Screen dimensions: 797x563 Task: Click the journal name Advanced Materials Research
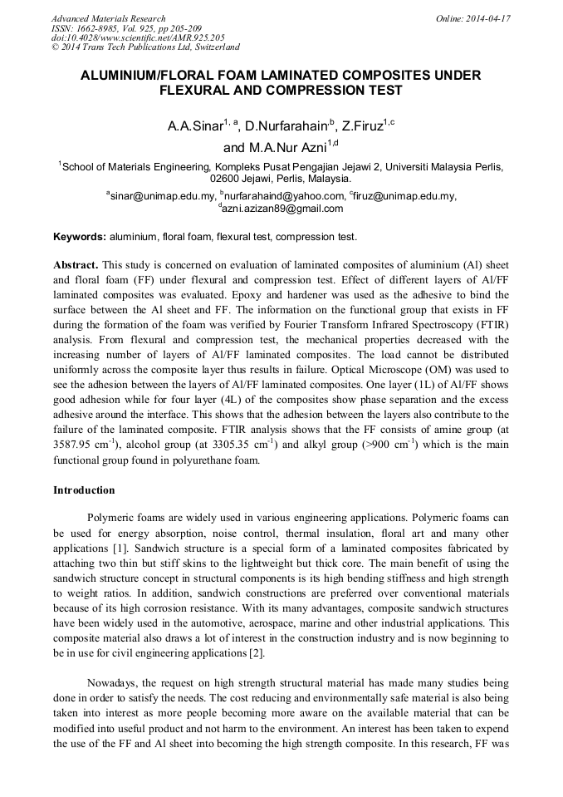pyautogui.click(x=108, y=18)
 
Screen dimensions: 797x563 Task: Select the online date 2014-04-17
pyautogui.click(x=488, y=18)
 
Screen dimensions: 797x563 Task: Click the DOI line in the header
pyautogui.click(x=138, y=37)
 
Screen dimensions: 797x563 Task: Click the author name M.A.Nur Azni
pyautogui.click(x=287, y=149)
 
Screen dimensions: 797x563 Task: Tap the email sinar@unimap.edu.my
pyautogui.click(x=161, y=196)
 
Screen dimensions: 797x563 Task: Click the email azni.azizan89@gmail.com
pyautogui.click(x=281, y=209)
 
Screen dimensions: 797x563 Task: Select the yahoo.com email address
pyautogui.click(x=283, y=196)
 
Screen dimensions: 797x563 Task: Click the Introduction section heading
pyautogui.click(x=84, y=490)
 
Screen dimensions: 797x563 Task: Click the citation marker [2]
pyautogui.click(x=257, y=654)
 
